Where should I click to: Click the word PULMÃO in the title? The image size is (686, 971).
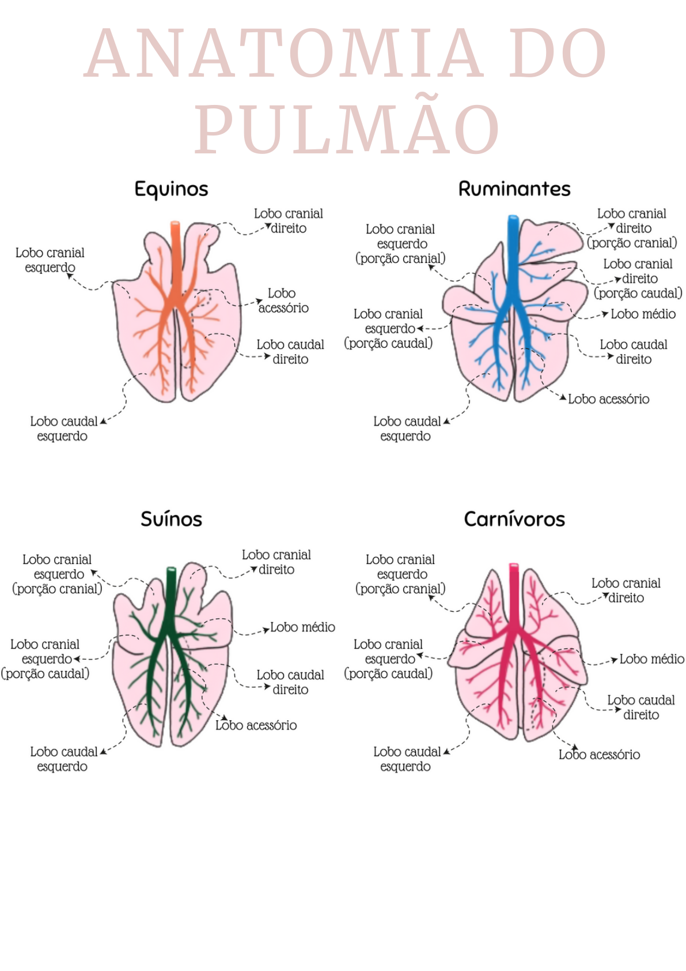pyautogui.click(x=347, y=129)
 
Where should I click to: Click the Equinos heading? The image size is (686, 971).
pyautogui.click(x=171, y=189)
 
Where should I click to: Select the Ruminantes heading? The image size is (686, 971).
pyautogui.click(x=514, y=189)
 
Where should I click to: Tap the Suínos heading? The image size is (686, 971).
pyautogui.click(x=171, y=519)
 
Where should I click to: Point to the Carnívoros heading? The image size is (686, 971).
pyautogui.click(x=514, y=519)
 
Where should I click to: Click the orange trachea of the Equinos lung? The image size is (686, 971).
pyautogui.click(x=175, y=242)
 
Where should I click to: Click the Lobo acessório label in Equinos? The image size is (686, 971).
pyautogui.click(x=283, y=300)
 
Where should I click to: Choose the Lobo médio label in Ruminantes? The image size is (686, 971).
pyautogui.click(x=643, y=314)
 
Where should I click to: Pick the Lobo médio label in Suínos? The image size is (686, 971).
pyautogui.click(x=302, y=627)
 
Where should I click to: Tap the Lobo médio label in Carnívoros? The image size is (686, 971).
pyautogui.click(x=651, y=659)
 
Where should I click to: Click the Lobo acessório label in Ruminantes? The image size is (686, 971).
pyautogui.click(x=608, y=399)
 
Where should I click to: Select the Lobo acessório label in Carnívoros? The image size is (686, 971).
pyautogui.click(x=599, y=755)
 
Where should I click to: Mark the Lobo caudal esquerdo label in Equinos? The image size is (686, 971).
pyautogui.click(x=63, y=429)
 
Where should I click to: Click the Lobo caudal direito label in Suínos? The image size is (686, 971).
pyautogui.click(x=290, y=682)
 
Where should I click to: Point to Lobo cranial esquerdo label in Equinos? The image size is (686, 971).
pyautogui.click(x=50, y=260)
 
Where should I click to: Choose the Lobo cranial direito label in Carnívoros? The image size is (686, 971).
pyautogui.click(x=626, y=590)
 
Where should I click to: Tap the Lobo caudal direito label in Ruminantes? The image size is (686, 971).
pyautogui.click(x=633, y=352)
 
